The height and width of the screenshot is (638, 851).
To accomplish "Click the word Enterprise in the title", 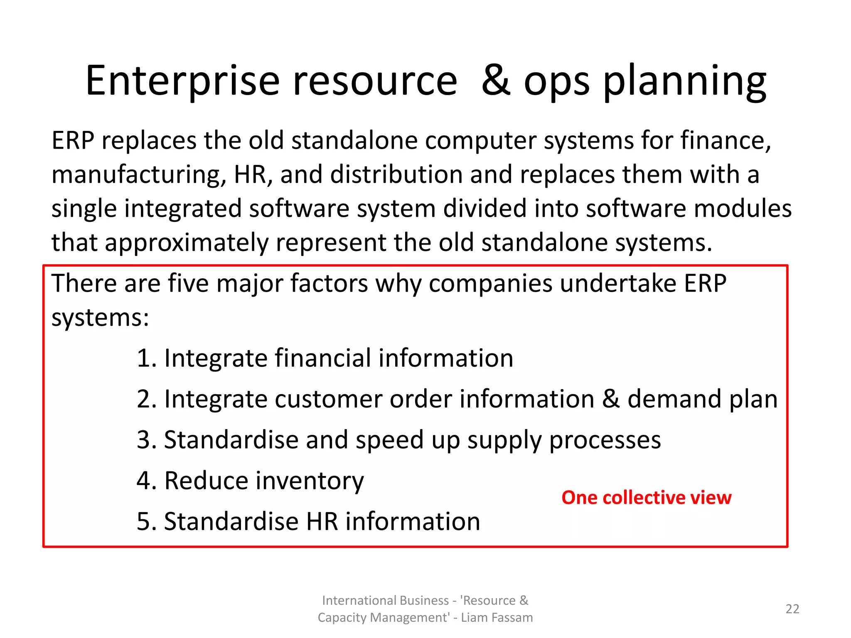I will [x=182, y=82].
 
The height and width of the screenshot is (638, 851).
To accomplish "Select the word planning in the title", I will [x=684, y=82].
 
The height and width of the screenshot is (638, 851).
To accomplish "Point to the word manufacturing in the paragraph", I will [x=139, y=175].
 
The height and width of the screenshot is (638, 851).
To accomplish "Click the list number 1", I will [x=146, y=358].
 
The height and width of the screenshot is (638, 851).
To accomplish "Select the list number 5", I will [x=146, y=522].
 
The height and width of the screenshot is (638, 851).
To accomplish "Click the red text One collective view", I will [x=646, y=498].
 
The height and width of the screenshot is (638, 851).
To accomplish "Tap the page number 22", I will [x=792, y=609].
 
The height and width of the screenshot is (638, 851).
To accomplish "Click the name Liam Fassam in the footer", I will [x=497, y=618].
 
